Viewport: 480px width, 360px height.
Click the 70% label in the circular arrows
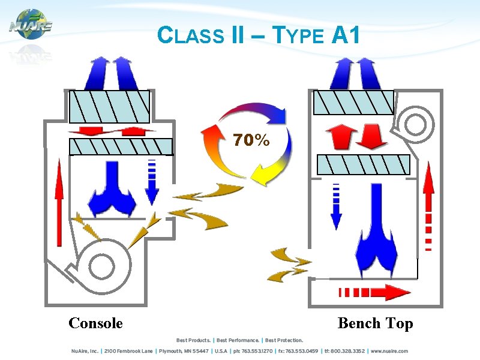pyautogui.click(x=251, y=140)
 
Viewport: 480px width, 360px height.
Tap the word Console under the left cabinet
pyautogui.click(x=95, y=323)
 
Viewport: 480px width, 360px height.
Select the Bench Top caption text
pyautogui.click(x=375, y=323)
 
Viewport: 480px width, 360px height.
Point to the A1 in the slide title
pyautogui.click(x=346, y=36)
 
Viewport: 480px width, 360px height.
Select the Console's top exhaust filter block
pyautogui.click(x=109, y=106)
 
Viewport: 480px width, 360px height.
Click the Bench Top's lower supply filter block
pyautogui.click(x=363, y=164)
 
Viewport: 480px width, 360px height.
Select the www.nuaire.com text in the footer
pyautogui.click(x=389, y=351)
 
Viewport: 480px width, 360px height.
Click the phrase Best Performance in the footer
pyautogui.click(x=238, y=341)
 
